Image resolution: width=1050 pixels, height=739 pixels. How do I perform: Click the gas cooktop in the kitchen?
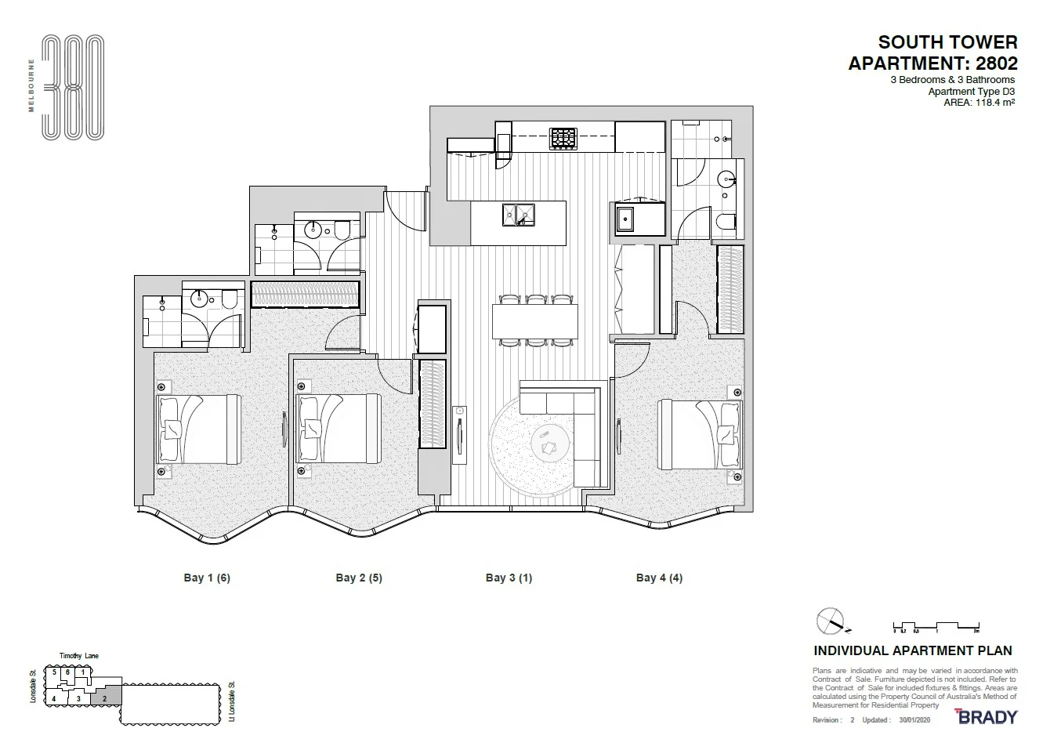(x=563, y=139)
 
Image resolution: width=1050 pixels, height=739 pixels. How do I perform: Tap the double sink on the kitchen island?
(x=519, y=214)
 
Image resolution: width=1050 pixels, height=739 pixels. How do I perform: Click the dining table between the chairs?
(x=534, y=321)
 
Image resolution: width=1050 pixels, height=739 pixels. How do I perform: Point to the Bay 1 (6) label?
(x=207, y=578)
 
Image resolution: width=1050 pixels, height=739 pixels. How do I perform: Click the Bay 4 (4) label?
(x=659, y=578)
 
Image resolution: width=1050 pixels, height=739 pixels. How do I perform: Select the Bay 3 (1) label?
(x=509, y=578)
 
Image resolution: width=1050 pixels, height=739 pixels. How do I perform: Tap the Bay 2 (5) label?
(x=359, y=578)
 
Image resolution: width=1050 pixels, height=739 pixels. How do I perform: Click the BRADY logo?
(x=987, y=716)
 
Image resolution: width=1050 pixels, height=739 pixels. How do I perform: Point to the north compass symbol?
(x=831, y=622)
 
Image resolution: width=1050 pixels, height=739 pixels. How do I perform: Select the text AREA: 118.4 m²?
(x=972, y=102)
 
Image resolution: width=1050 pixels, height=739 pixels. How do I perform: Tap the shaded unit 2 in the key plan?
(x=104, y=697)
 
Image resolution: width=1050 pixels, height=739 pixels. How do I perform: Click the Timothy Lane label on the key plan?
(x=79, y=656)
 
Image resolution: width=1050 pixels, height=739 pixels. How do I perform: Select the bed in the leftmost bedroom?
(x=199, y=429)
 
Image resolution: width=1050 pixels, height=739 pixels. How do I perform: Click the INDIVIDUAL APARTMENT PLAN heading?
(x=913, y=650)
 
